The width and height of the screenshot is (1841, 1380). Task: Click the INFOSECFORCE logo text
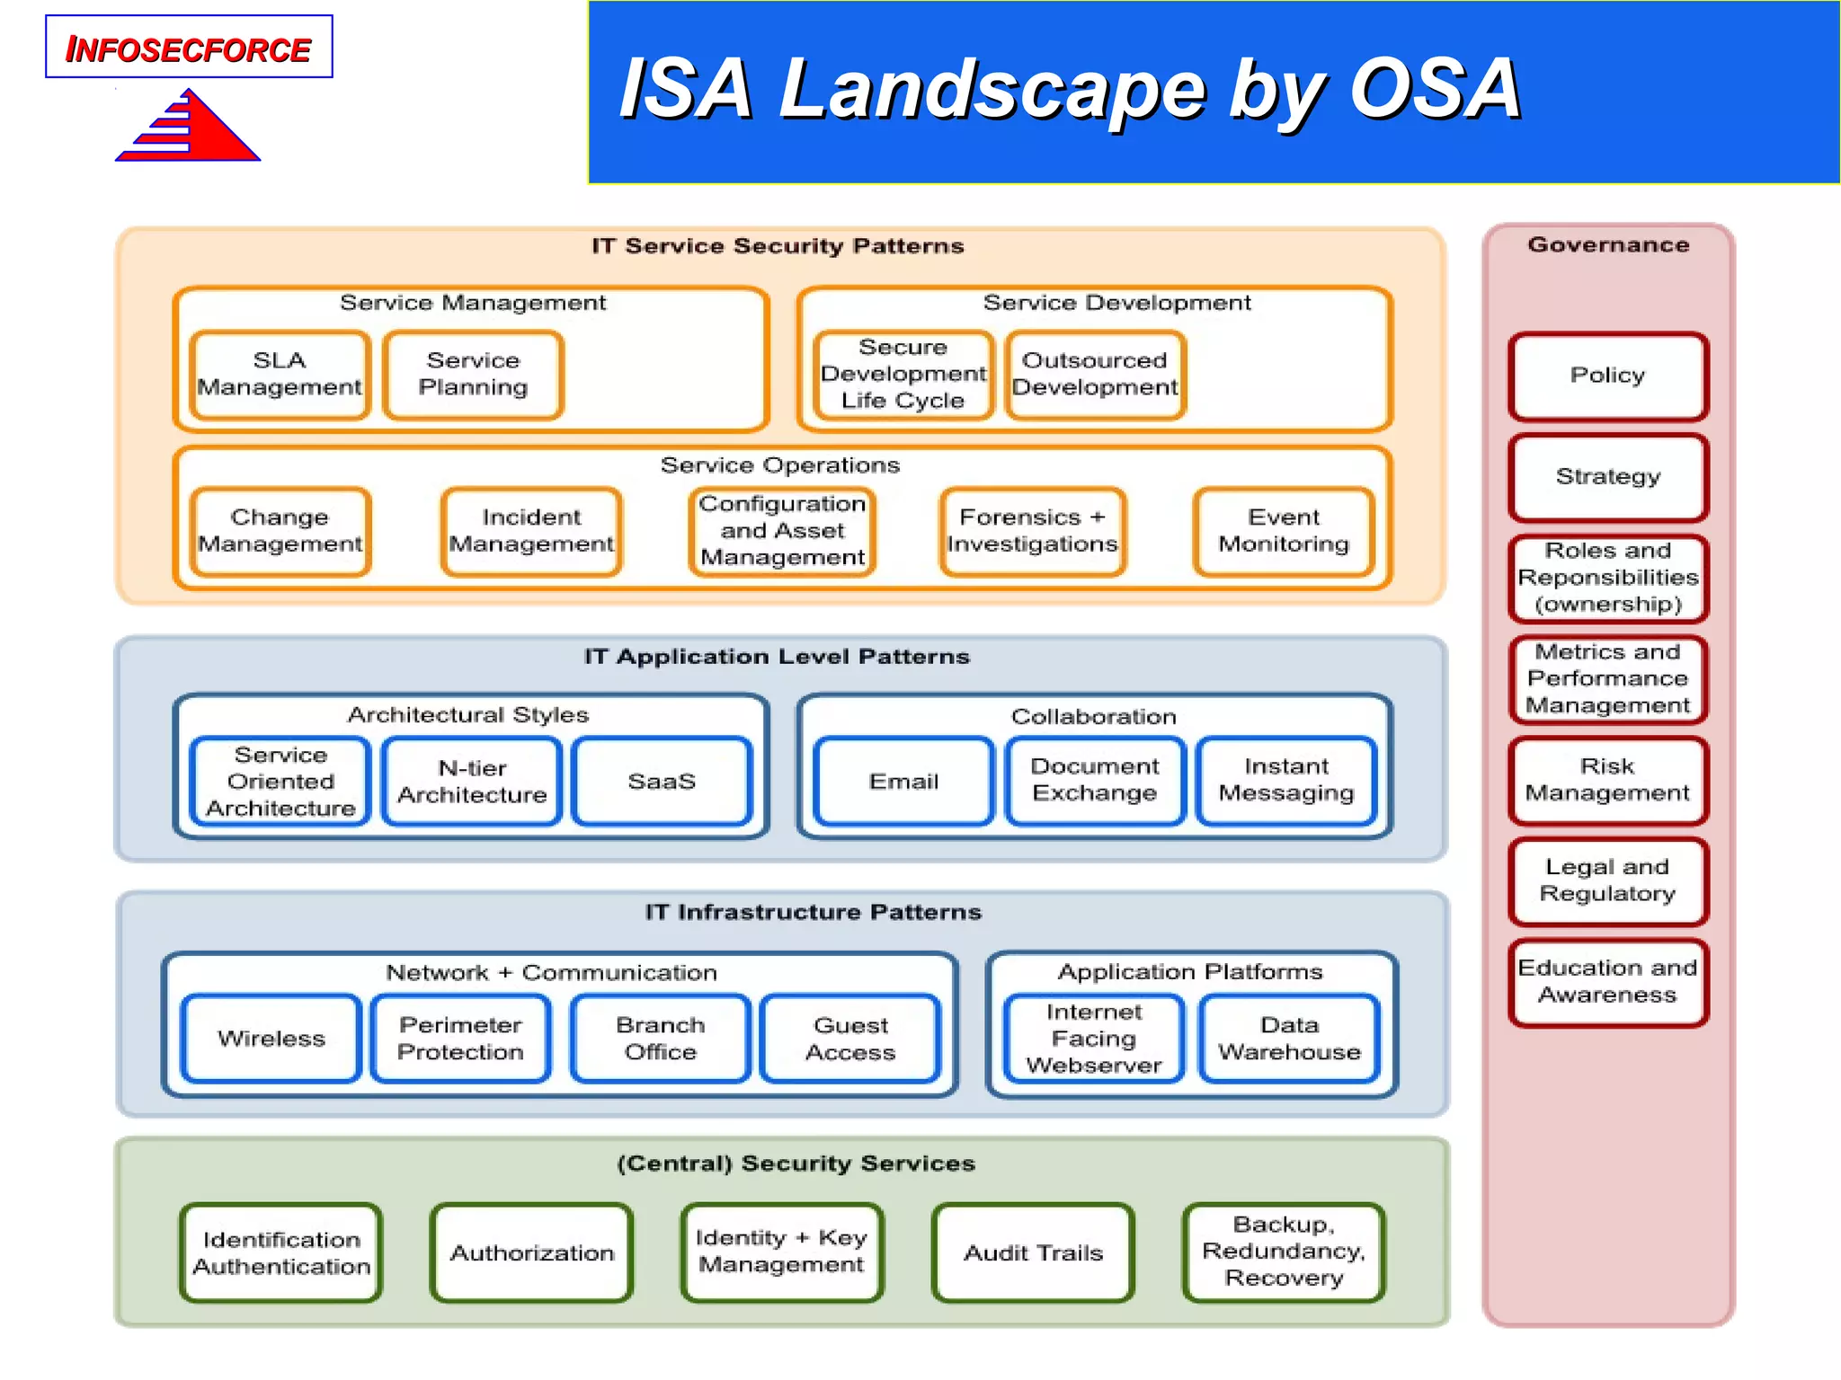tap(188, 49)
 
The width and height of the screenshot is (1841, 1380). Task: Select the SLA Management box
tap(280, 375)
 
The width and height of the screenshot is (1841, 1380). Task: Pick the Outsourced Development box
tap(1094, 375)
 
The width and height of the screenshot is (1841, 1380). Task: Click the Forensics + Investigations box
tap(1032, 532)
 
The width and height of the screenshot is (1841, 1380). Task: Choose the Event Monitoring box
tap(1283, 532)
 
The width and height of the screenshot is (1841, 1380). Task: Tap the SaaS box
tap(662, 782)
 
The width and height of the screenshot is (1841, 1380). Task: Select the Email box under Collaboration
tap(903, 782)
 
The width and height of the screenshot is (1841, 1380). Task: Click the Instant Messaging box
tap(1285, 781)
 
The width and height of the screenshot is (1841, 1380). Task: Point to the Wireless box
tap(271, 1039)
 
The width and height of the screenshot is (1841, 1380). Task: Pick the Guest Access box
tap(850, 1039)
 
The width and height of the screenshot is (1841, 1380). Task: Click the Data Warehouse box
tap(1289, 1039)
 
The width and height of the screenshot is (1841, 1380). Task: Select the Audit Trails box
tap(1033, 1253)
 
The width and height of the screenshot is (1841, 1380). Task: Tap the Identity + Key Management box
tap(781, 1252)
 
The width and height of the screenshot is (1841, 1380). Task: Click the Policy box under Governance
tap(1607, 376)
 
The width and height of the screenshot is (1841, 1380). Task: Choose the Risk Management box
tap(1607, 781)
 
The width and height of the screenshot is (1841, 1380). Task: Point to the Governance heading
tap(1608, 244)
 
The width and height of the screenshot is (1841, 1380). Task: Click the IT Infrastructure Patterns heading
tap(813, 912)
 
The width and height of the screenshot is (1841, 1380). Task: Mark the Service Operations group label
tap(779, 465)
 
